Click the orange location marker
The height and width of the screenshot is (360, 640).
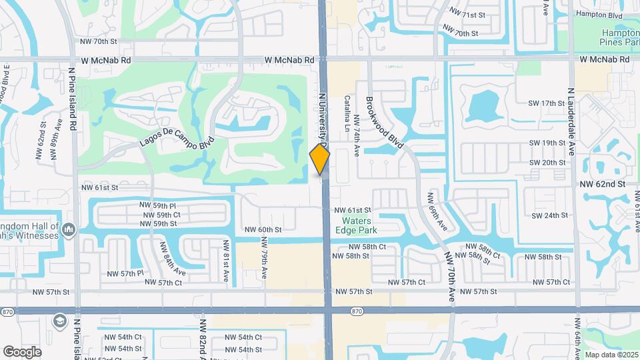point(320,159)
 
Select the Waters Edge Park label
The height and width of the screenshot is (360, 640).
point(360,225)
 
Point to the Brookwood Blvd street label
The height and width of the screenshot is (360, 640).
point(385,122)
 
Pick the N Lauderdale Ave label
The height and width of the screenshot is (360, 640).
point(571,122)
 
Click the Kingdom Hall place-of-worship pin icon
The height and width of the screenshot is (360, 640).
point(69,231)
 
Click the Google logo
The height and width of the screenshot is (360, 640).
point(22,351)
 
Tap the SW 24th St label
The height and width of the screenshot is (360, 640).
point(549,215)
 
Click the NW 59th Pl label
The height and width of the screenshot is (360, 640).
point(157,205)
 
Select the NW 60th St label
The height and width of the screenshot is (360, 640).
point(263,229)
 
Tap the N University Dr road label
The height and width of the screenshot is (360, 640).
point(324,120)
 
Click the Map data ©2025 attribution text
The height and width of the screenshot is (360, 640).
point(611,354)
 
